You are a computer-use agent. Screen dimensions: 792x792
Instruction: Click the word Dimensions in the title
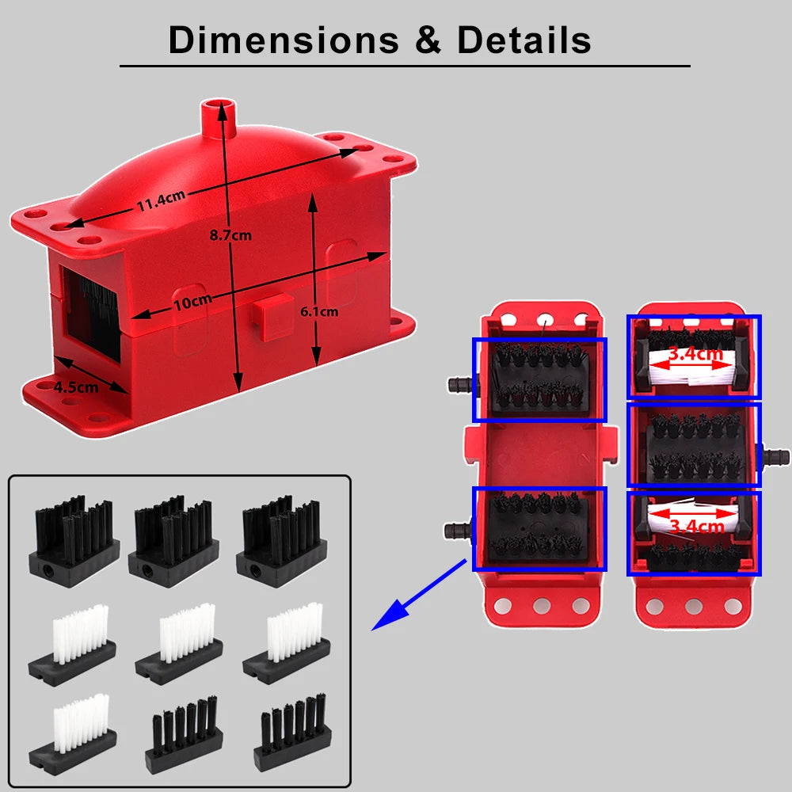point(282,40)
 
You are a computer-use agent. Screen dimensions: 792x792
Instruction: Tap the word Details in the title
point(524,40)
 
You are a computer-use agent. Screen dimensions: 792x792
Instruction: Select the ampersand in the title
point(428,40)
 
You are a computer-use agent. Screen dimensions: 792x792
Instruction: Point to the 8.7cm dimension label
point(230,235)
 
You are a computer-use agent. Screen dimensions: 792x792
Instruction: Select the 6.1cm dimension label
point(319,311)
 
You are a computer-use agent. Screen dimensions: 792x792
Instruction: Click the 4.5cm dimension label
point(76,387)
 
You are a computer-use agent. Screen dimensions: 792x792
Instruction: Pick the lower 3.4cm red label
point(695,526)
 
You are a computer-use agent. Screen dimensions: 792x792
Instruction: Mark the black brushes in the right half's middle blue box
point(694,445)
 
